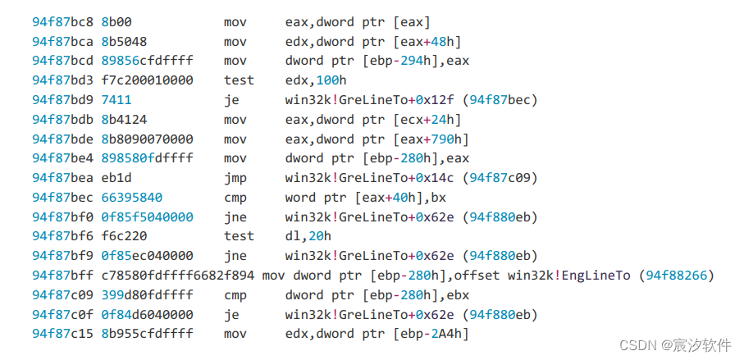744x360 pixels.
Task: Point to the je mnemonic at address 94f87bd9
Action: coord(231,100)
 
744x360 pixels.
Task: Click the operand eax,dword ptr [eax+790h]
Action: coord(377,139)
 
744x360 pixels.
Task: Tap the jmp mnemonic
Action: coord(234,178)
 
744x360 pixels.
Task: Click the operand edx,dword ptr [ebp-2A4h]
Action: coord(377,333)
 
